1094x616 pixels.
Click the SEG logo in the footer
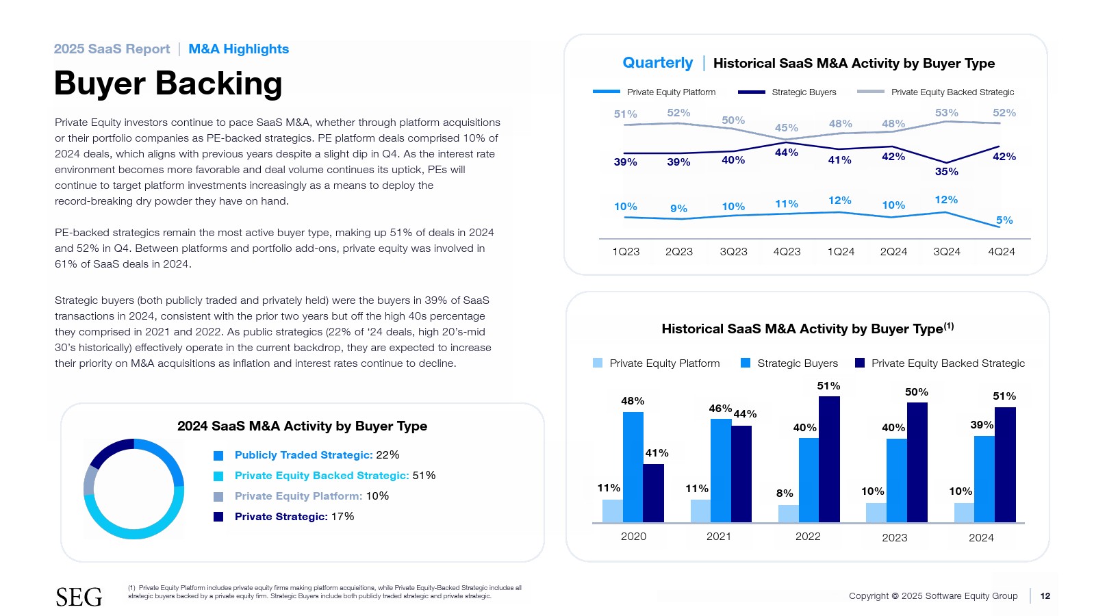pos(79,597)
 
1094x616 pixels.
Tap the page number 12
pos(1045,596)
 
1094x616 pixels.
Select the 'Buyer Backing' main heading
pos(168,84)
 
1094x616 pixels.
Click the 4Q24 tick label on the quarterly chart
pos(1001,252)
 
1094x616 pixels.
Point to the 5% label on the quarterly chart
pos(1004,220)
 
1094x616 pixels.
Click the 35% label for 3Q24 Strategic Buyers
pos(946,172)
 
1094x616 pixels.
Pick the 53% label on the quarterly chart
pos(946,113)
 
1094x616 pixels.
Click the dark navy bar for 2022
pos(829,459)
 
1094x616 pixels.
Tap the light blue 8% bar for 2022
pos(788,513)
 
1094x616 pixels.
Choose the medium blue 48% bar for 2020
pos(633,467)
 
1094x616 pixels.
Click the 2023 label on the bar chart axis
pos(894,538)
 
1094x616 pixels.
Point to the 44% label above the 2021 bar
pos(745,414)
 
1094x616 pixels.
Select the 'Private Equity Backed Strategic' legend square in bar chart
pos(860,363)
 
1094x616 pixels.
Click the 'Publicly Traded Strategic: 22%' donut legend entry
pos(316,455)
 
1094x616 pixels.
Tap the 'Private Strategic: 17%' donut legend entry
pos(294,517)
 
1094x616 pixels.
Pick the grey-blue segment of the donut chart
pos(90,480)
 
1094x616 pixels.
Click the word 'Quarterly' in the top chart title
pos(657,63)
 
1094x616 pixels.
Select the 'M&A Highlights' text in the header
pos(238,49)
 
